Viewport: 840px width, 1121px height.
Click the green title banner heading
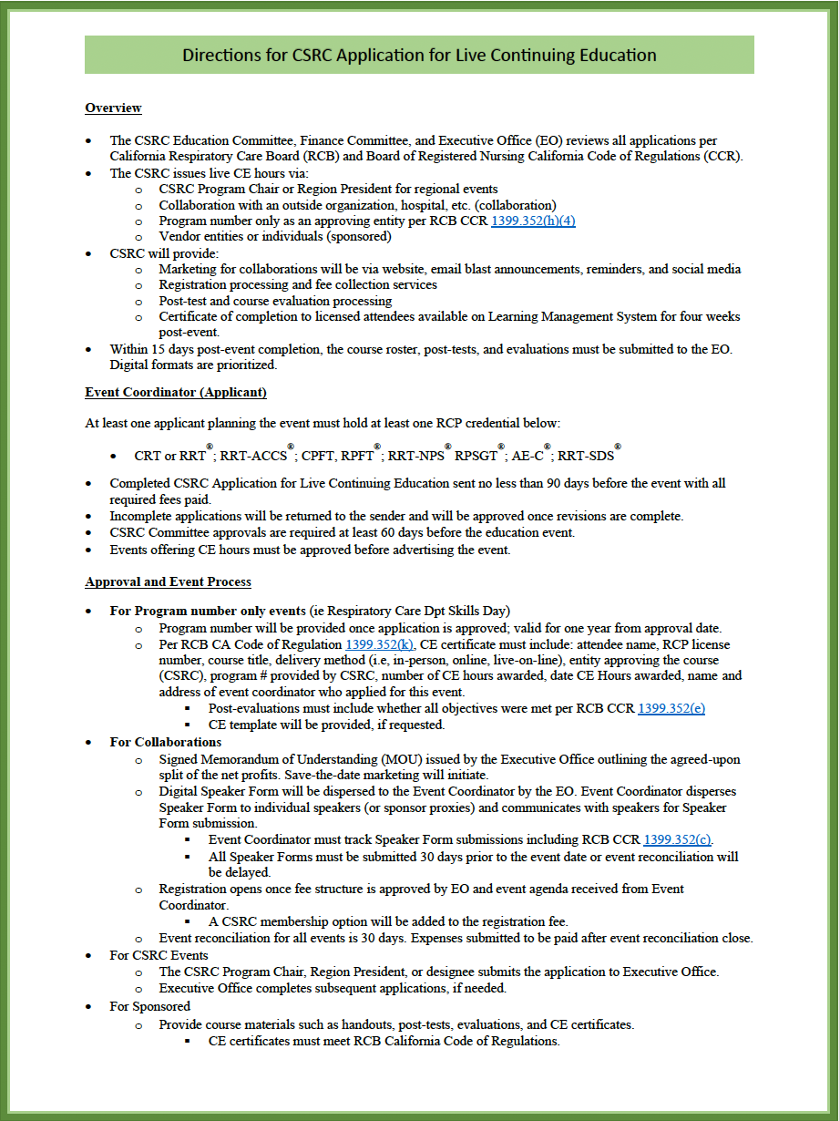419,56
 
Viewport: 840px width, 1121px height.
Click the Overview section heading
113,108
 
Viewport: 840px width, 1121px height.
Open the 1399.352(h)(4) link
533,221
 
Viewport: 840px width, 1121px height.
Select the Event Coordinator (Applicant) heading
175,393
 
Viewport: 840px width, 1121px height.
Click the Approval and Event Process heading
168,581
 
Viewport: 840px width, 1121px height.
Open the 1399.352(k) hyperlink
380,644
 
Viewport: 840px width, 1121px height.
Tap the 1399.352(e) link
671,708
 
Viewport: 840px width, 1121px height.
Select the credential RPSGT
476,456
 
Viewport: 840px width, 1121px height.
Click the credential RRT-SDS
585,456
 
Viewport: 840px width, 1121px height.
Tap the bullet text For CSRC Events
159,955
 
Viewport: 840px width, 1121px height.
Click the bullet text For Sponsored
149,1006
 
